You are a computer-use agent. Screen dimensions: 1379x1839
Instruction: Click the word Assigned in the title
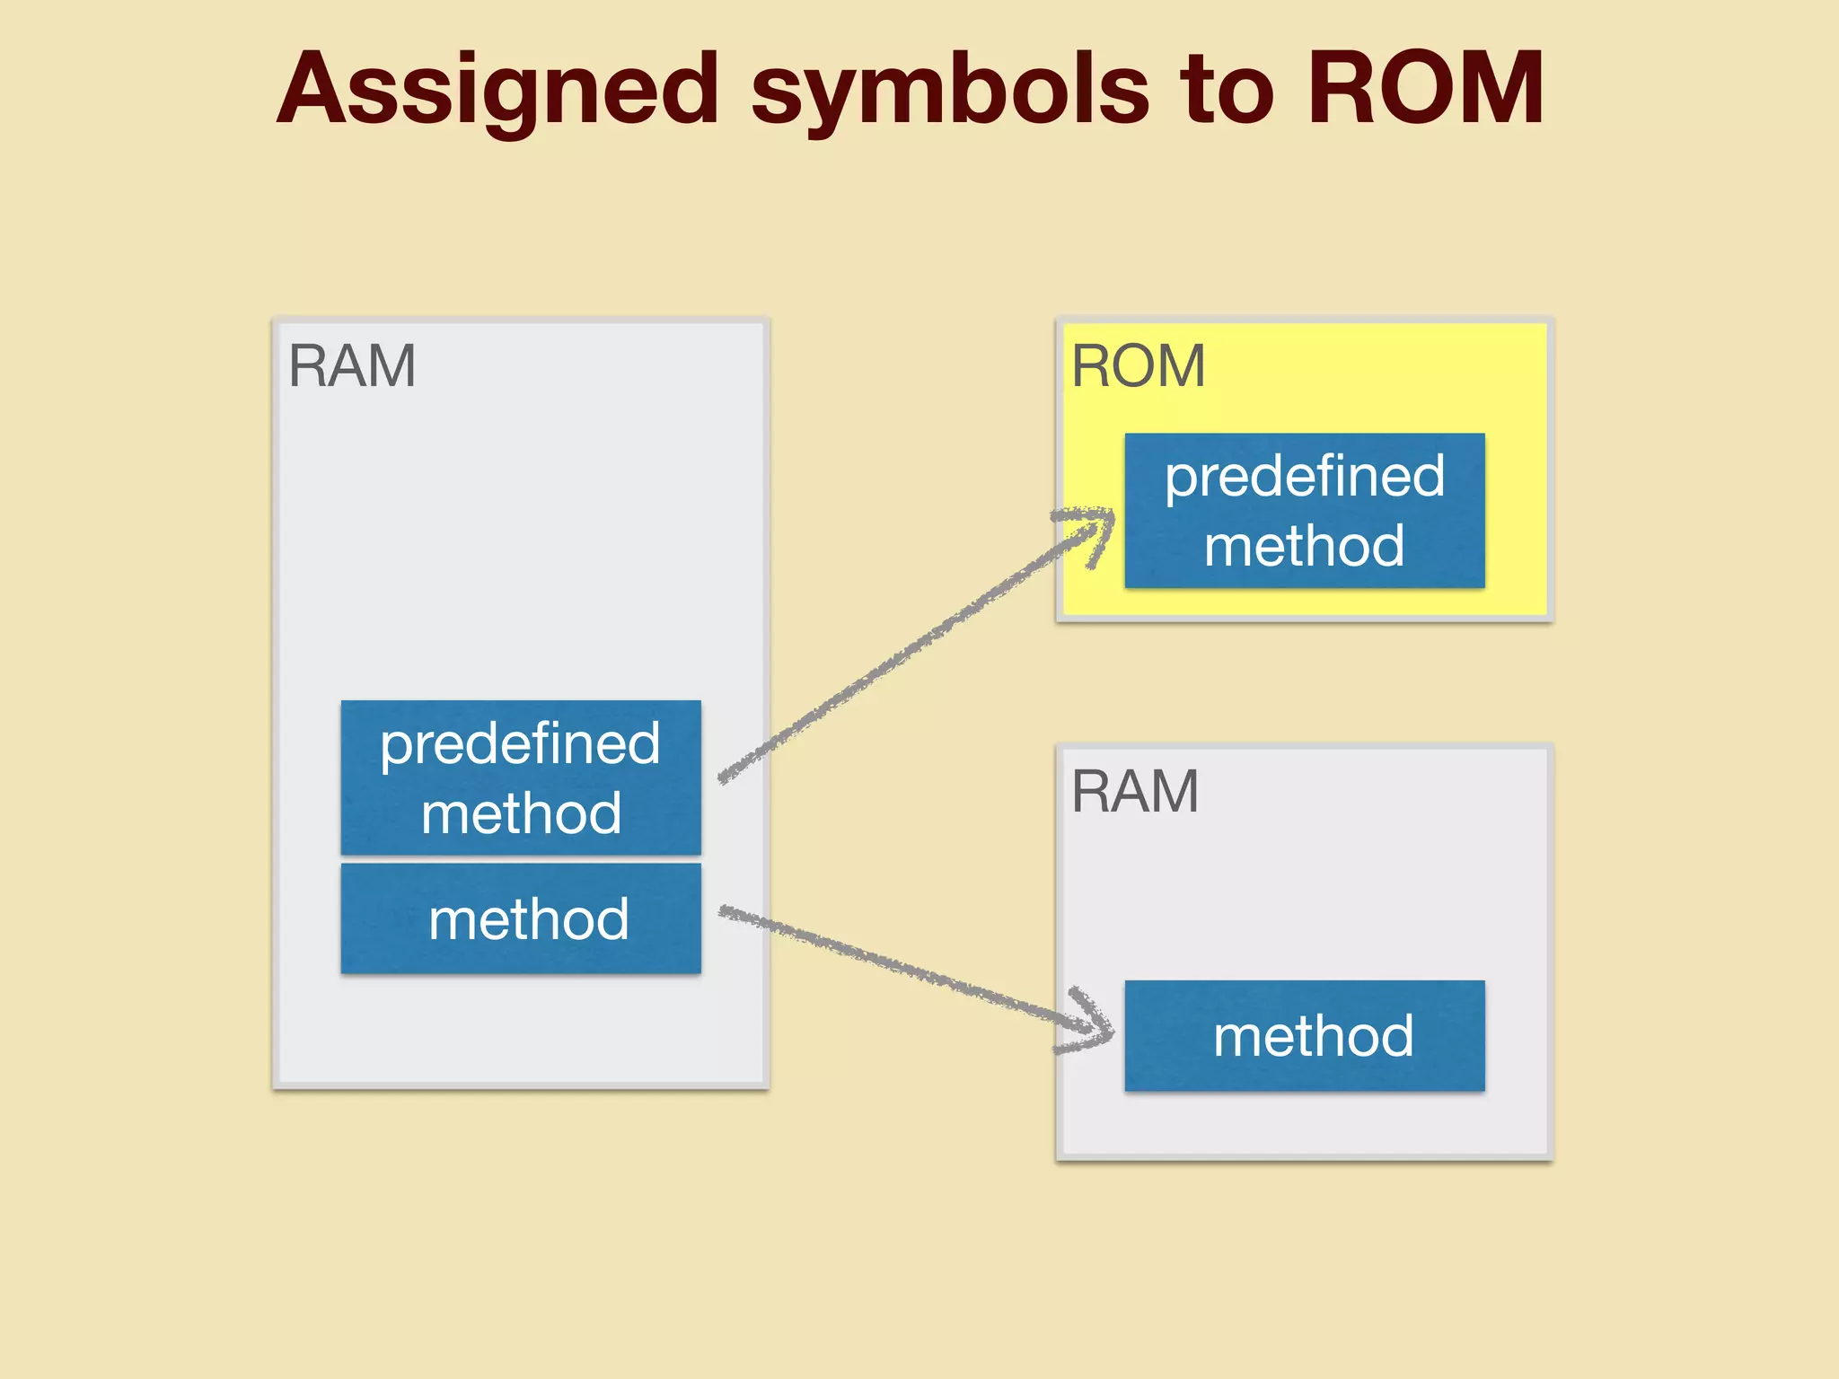pos(498,90)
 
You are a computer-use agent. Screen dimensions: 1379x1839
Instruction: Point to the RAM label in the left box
pos(352,366)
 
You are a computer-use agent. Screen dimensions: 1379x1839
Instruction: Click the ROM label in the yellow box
pos(1138,366)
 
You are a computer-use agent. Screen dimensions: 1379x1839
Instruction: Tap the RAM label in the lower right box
pos(1135,792)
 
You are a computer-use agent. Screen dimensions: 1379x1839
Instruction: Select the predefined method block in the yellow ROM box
pos(1304,510)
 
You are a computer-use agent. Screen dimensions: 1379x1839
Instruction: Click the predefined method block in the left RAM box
pos(521,777)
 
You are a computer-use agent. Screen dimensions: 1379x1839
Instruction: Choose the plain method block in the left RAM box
pos(521,918)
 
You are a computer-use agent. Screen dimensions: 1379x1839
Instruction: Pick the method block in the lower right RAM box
pos(1304,1036)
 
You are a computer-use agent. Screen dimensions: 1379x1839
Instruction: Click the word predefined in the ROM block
pos(1304,476)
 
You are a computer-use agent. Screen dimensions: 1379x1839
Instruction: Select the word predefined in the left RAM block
pos(520,743)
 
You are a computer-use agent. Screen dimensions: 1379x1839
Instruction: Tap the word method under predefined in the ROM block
pos(1304,546)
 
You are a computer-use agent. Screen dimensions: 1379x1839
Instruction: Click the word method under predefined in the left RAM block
pos(521,813)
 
